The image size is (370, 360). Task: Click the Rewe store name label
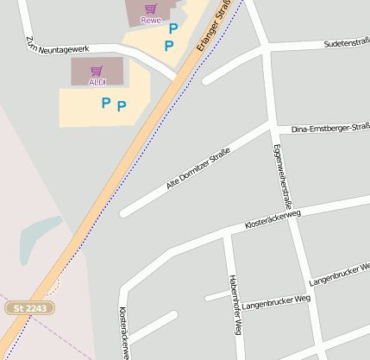point(151,20)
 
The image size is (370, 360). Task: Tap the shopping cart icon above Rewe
point(151,9)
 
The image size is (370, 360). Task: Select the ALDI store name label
point(98,82)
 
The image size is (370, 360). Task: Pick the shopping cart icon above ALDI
point(97,71)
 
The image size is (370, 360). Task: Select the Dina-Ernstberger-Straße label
point(330,129)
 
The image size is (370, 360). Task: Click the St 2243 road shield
point(30,307)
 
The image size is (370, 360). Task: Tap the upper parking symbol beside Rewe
point(173,28)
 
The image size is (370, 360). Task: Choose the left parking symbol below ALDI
point(105,103)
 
